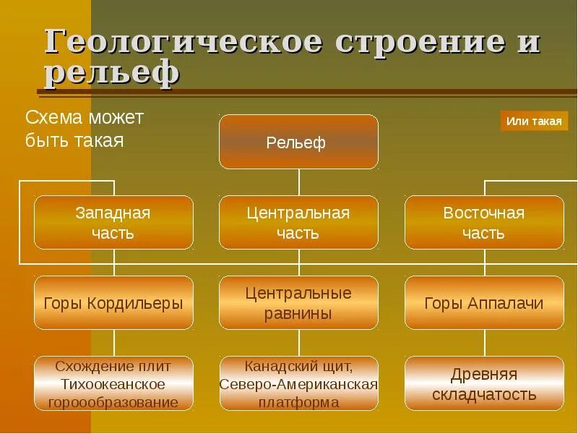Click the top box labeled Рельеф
[298, 142]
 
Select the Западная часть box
[113, 223]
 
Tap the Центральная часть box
[298, 223]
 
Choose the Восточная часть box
[484, 223]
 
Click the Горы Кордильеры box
[113, 303]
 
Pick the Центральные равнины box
[298, 303]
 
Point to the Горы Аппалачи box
[484, 303]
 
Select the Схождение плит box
[113, 383]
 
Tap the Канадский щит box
[298, 383]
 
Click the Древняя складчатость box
[484, 383]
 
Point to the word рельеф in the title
[112, 73]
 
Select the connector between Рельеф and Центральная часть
[299, 182]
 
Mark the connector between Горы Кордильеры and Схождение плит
[113, 344]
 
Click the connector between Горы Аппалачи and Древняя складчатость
[484, 344]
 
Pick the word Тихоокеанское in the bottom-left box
[113, 384]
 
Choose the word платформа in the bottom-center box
[298, 402]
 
